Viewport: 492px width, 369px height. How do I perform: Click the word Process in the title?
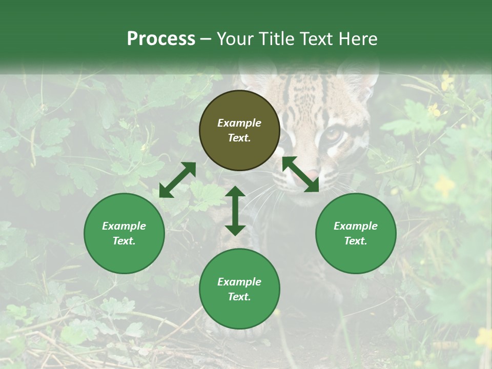click(x=161, y=39)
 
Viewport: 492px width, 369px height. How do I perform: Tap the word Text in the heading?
click(x=316, y=39)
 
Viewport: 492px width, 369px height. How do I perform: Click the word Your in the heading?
click(x=235, y=39)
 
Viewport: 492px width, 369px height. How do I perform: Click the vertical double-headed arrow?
click(x=235, y=211)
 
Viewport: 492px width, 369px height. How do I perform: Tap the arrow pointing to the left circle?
click(x=177, y=180)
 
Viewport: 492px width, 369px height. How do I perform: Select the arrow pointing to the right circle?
click(x=300, y=174)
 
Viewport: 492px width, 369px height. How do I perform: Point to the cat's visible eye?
click(x=334, y=134)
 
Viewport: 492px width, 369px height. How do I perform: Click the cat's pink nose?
click(x=311, y=174)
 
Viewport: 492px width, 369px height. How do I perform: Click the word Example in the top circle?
click(x=239, y=123)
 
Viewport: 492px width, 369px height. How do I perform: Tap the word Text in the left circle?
click(x=124, y=241)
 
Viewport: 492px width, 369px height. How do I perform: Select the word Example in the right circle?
click(x=356, y=226)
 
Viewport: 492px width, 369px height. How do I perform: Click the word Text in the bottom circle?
click(x=239, y=297)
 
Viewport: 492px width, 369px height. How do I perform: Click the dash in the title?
click(x=206, y=39)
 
